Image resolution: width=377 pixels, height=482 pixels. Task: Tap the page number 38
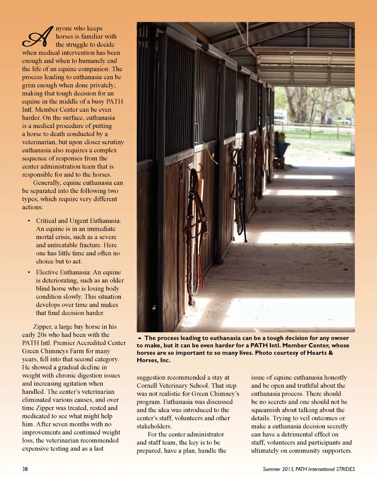click(x=25, y=469)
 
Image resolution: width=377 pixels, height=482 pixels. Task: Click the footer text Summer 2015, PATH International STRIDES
click(x=309, y=469)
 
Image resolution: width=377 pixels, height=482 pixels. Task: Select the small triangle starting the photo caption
click(x=139, y=338)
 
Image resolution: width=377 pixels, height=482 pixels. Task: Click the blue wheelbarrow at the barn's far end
click(x=283, y=149)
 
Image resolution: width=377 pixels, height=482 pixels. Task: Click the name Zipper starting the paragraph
click(x=42, y=326)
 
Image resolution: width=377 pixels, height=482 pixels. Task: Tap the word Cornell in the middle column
click(x=147, y=385)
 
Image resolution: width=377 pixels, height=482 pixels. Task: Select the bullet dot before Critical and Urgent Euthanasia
click(x=29, y=221)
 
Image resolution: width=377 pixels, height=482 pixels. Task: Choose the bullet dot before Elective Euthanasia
click(x=29, y=272)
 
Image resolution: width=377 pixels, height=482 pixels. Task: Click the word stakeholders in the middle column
click(x=154, y=426)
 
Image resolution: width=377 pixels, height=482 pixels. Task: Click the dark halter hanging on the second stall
click(x=240, y=191)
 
